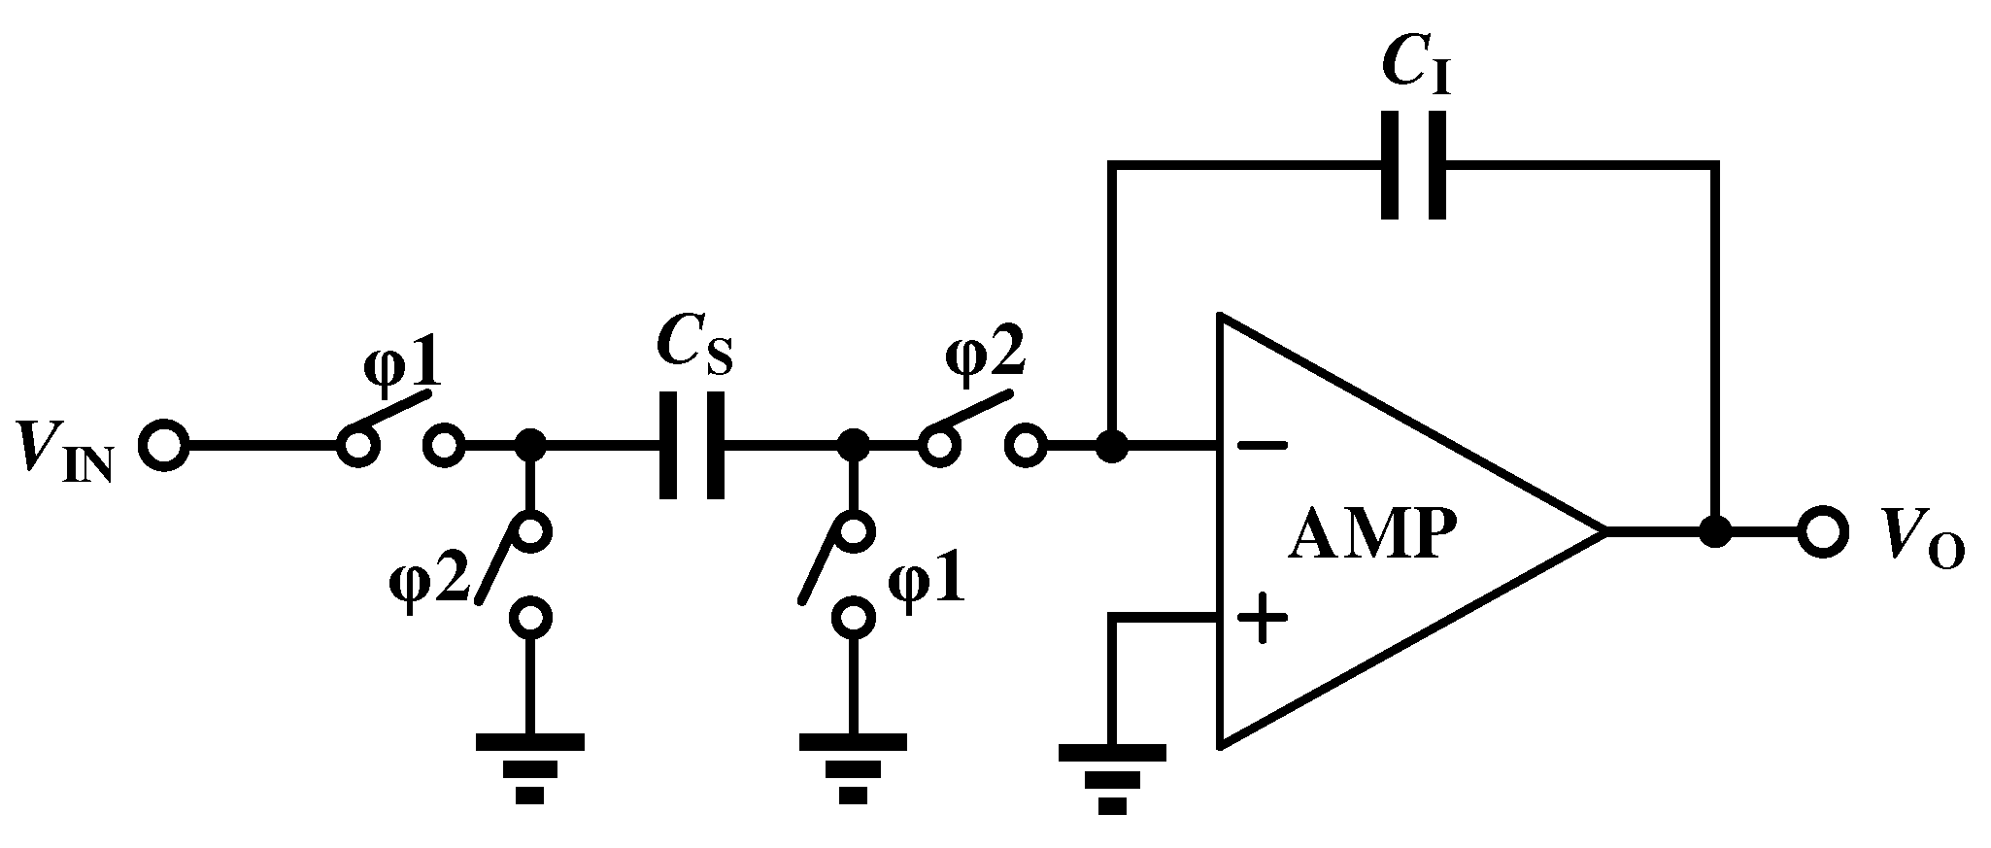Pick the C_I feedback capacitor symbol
(x=1413, y=166)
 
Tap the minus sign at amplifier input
(x=1262, y=447)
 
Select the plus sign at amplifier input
(x=1262, y=618)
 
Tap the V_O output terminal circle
(x=1821, y=532)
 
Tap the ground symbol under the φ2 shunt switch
(x=529, y=767)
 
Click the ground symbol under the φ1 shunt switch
(x=853, y=767)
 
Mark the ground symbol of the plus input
(x=1113, y=777)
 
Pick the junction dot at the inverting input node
(x=1113, y=447)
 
